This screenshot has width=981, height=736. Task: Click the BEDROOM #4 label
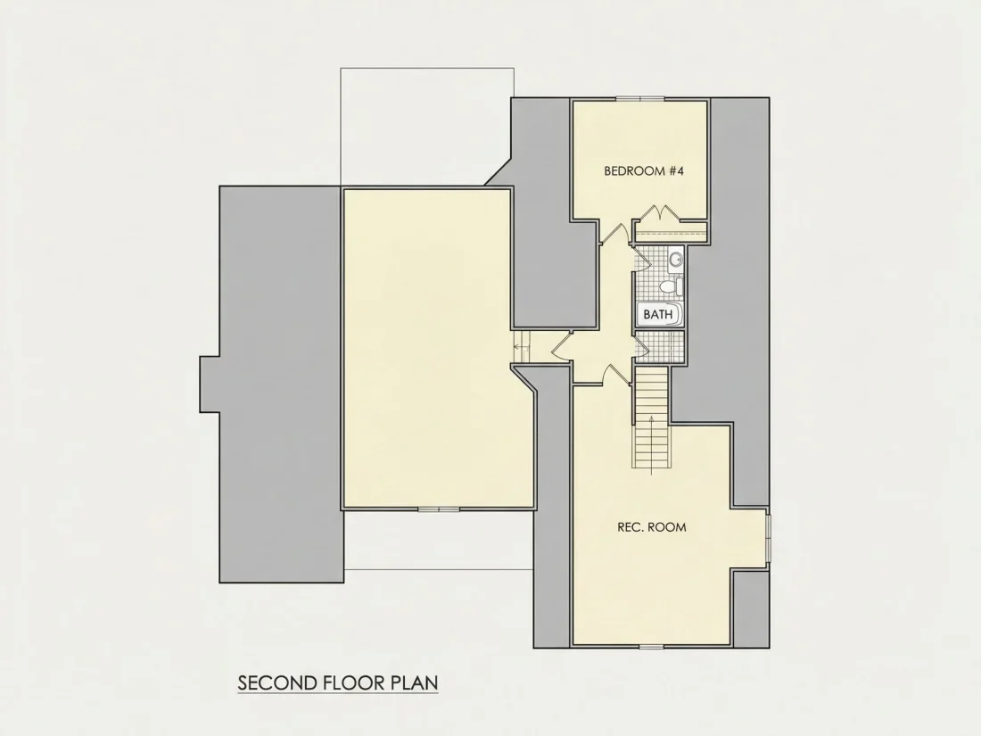[x=644, y=171]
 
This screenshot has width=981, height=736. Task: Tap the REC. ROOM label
[x=651, y=527]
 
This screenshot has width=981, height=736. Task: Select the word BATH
[x=657, y=314]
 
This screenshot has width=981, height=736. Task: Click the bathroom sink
[x=676, y=259]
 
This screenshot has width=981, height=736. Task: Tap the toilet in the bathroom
[x=671, y=287]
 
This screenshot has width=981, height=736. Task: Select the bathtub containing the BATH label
[x=659, y=314]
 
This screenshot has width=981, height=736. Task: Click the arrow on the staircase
[x=651, y=442]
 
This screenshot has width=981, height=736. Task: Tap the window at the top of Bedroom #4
[x=639, y=98]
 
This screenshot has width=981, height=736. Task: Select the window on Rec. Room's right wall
[x=768, y=537]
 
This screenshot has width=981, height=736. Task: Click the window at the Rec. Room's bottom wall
[x=650, y=646]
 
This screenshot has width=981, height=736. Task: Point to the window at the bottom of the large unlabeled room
[x=439, y=509]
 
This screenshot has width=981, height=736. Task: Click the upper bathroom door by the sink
[x=639, y=259]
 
